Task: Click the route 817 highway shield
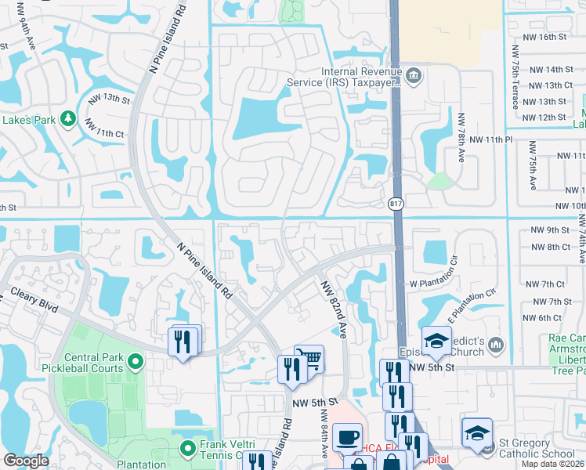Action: pyautogui.click(x=396, y=204)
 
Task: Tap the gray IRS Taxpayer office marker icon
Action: pyautogui.click(x=414, y=76)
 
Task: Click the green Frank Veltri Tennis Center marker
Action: pyautogui.click(x=187, y=449)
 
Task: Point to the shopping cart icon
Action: pyautogui.click(x=312, y=358)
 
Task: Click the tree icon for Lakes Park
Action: pyautogui.click(x=68, y=119)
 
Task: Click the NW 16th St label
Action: pyautogui.click(x=546, y=37)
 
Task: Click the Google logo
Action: pyautogui.click(x=26, y=461)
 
